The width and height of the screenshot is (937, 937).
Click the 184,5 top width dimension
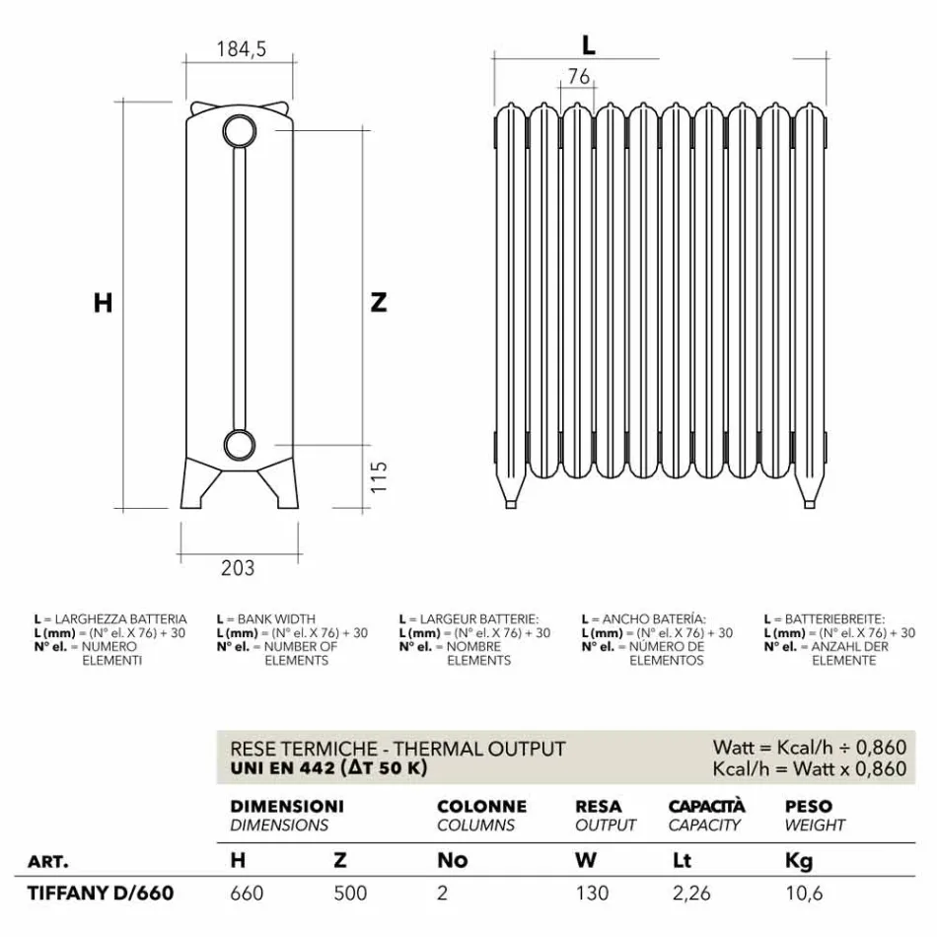coord(242,49)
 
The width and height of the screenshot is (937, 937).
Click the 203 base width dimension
coord(238,567)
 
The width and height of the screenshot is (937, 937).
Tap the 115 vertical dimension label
coord(380,476)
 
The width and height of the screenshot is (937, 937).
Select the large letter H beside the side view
coord(103,304)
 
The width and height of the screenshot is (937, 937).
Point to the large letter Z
coord(378,303)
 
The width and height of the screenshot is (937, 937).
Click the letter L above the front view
coord(589,44)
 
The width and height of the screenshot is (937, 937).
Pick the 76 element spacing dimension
coord(579,77)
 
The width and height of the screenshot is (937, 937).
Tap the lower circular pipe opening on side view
coord(239,444)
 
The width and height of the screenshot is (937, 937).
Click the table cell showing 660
coord(247,894)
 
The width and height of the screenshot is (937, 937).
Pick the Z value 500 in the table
coord(350,894)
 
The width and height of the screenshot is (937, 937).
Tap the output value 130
coord(592,894)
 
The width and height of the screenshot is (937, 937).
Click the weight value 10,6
coord(804,894)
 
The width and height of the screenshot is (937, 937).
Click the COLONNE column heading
coord(482,806)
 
